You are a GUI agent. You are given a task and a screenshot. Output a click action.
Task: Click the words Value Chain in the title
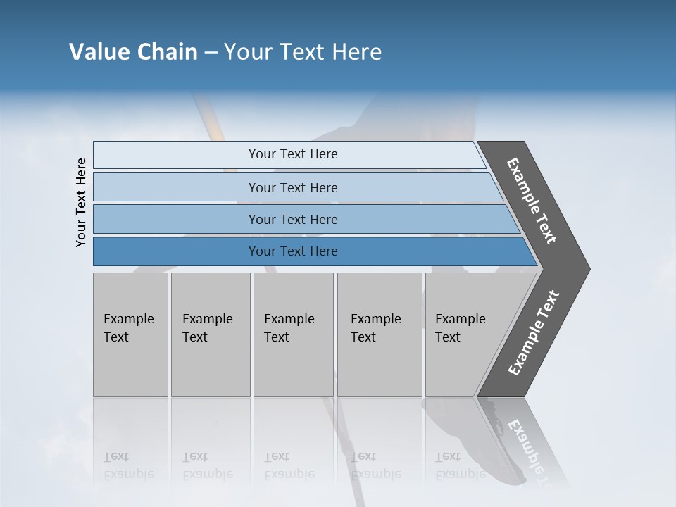pyautogui.click(x=133, y=52)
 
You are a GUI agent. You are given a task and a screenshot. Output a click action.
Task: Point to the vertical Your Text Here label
pyautogui.click(x=81, y=202)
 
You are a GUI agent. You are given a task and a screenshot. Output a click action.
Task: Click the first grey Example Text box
pyautogui.click(x=130, y=334)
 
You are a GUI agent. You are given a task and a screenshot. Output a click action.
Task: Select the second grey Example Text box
pyautogui.click(x=210, y=334)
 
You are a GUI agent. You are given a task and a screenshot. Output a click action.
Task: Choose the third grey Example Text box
pyautogui.click(x=293, y=334)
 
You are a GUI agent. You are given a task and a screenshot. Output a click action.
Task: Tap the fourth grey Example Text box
pyautogui.click(x=379, y=334)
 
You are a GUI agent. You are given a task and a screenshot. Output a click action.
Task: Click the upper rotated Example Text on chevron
pyautogui.click(x=532, y=201)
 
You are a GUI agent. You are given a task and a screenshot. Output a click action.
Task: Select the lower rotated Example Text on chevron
pyautogui.click(x=533, y=332)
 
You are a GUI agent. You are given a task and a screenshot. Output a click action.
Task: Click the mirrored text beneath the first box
pyautogui.click(x=129, y=465)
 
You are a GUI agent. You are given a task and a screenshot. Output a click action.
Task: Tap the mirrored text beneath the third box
pyautogui.click(x=289, y=465)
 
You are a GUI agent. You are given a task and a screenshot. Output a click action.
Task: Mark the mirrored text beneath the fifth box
pyautogui.click(x=461, y=465)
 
